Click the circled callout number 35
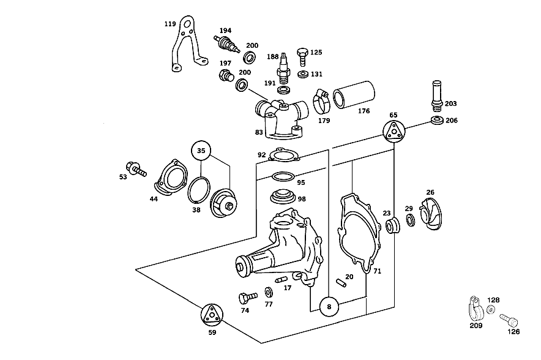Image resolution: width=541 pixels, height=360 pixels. coord(201,151)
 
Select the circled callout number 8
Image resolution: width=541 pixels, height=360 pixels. coord(329,307)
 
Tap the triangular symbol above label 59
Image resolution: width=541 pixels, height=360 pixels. coord(212,315)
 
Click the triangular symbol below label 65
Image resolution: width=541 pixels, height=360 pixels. coord(394,131)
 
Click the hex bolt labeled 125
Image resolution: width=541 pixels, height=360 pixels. coord(302,56)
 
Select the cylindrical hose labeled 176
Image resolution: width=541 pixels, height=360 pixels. coord(354,94)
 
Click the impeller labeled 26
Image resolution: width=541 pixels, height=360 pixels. coord(431,214)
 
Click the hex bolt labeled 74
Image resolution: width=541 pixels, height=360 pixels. coord(248,298)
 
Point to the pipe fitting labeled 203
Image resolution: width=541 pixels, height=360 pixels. coord(437,96)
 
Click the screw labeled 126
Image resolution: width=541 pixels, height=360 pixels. coord(509,320)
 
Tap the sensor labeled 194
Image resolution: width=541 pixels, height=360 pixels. coord(226,43)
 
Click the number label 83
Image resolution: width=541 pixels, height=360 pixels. coord(259,132)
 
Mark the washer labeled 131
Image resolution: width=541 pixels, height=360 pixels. coord(303,74)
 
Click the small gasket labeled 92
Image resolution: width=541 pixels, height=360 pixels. coord(283,154)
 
